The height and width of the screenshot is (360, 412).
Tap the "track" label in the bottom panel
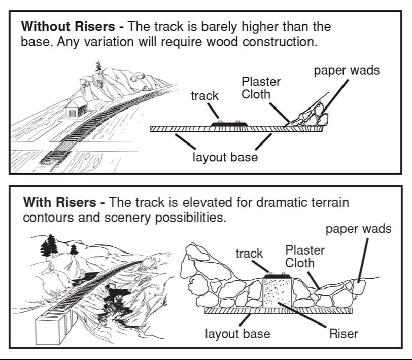(249, 253)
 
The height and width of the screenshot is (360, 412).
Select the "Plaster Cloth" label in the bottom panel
(305, 256)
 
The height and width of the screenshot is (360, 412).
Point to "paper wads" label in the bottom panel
(358, 229)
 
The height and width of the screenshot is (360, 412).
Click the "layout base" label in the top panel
(225, 157)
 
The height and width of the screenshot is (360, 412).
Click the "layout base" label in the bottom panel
(237, 334)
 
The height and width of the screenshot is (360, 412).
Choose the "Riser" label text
(344, 334)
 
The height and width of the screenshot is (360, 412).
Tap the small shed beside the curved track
(76, 107)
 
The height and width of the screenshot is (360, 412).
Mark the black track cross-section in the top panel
(228, 124)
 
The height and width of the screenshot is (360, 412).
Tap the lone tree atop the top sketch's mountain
(97, 67)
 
